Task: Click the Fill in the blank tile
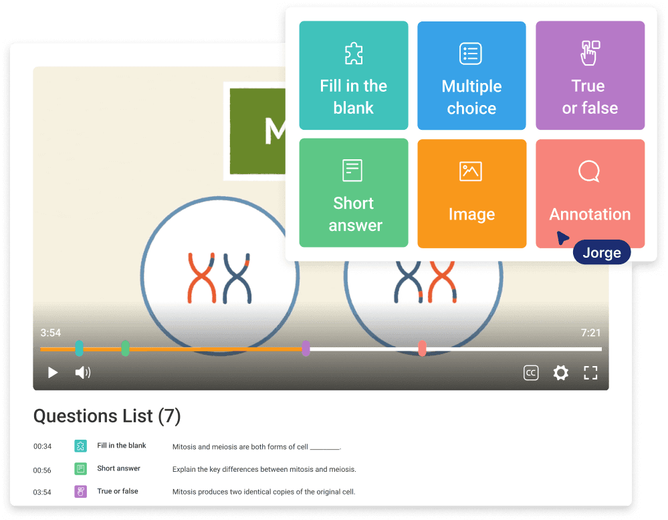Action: tap(353, 75)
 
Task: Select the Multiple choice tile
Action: tap(471, 75)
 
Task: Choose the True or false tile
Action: tap(590, 75)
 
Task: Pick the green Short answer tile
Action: tap(353, 193)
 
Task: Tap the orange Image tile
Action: tap(471, 193)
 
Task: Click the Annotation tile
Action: tap(590, 193)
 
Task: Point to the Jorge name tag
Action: tap(602, 252)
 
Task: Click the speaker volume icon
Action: tap(82, 373)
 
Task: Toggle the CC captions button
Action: tap(531, 373)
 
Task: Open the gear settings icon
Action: tap(560, 373)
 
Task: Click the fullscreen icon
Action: tap(590, 373)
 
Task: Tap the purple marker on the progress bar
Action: tap(306, 349)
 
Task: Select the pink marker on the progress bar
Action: tap(422, 349)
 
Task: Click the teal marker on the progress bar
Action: tap(80, 349)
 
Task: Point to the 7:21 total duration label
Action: tap(590, 333)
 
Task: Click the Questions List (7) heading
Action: tap(107, 416)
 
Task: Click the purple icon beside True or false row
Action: tap(80, 492)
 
